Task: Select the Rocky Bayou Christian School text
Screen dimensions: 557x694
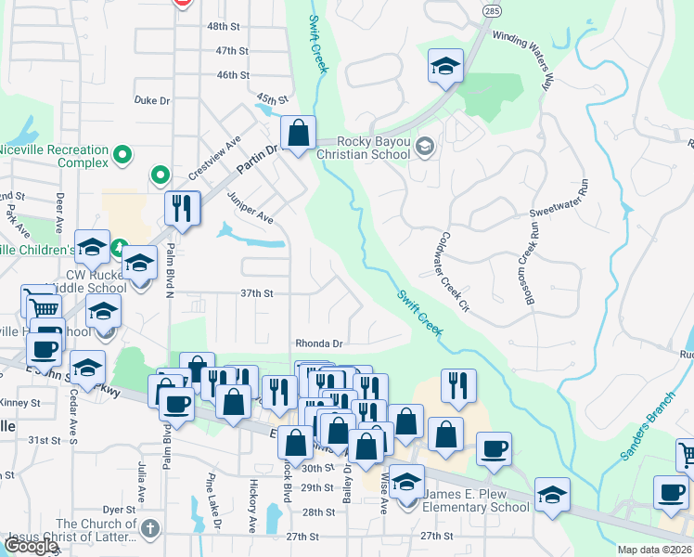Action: [x=373, y=148]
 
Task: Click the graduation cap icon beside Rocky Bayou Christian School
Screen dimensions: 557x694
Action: [x=425, y=146]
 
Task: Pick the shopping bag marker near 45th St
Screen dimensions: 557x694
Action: [x=298, y=135]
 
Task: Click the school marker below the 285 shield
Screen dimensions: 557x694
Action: [x=445, y=68]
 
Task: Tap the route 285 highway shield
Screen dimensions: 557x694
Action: [x=491, y=8]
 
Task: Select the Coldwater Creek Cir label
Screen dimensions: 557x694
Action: [x=457, y=272]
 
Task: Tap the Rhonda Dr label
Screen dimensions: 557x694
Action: [x=319, y=343]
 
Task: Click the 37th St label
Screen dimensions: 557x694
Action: [x=256, y=293]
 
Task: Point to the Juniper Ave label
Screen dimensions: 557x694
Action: [x=251, y=209]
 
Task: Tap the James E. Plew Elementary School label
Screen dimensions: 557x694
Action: [x=476, y=501]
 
